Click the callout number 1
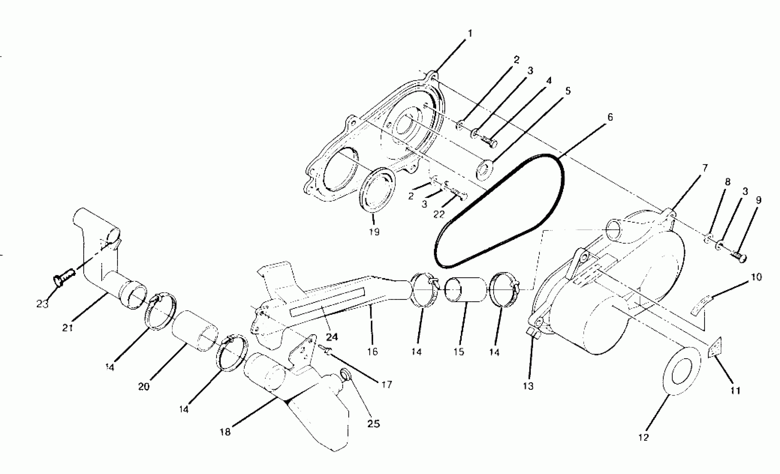coord(470,33)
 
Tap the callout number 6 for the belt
coord(610,117)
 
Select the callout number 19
coord(374,232)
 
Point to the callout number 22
coord(439,214)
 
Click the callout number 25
coord(373,424)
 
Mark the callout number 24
coord(332,337)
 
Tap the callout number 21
coord(68,328)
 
